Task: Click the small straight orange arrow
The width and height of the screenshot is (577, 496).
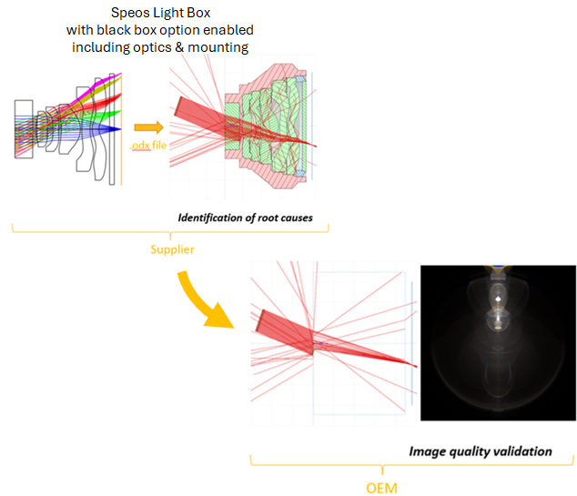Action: [x=146, y=128]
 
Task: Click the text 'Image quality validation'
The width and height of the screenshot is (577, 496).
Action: [x=481, y=450]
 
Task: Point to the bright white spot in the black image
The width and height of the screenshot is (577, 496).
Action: [x=497, y=299]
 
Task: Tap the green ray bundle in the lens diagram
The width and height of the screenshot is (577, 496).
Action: [x=100, y=115]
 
